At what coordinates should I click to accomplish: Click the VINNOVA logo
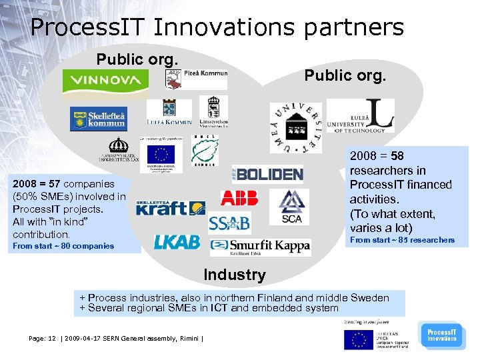tap(105, 81)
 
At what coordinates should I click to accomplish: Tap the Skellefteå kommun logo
tap(98, 119)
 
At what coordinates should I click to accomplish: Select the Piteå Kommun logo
tap(196, 79)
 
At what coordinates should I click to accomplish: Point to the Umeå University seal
tap(295, 128)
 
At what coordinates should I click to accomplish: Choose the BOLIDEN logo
tap(268, 174)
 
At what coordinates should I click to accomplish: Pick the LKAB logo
tap(177, 242)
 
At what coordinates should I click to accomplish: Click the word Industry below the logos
tap(234, 274)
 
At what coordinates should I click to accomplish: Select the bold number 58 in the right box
tap(397, 156)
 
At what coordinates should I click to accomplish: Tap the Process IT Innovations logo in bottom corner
tap(441, 335)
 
